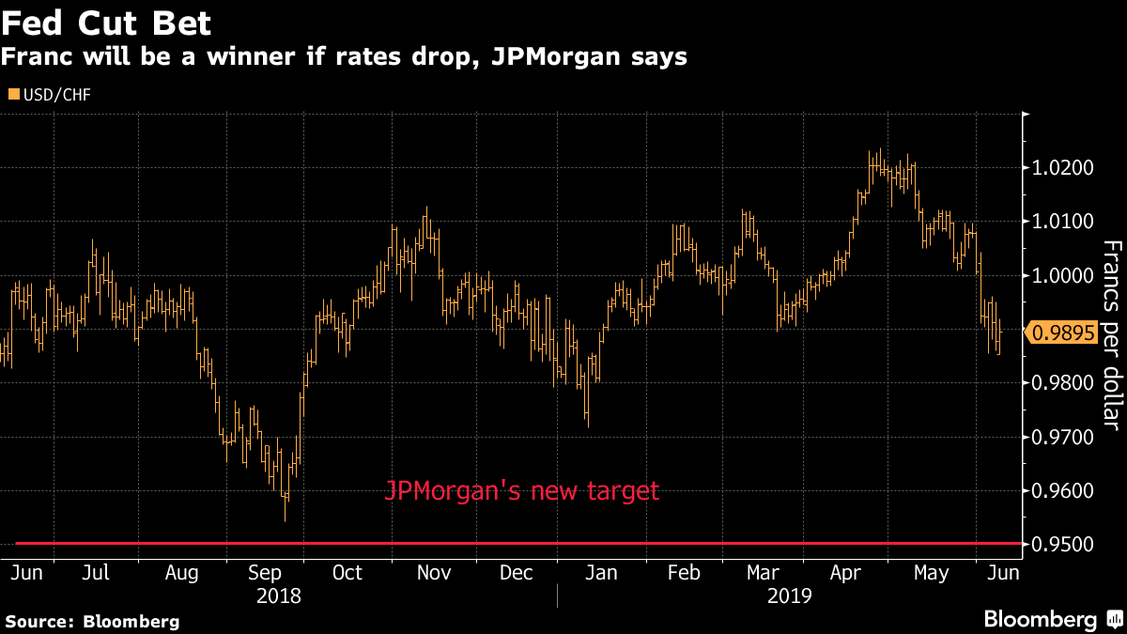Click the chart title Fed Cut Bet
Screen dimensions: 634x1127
click(x=106, y=23)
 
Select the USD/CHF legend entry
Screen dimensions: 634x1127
click(x=55, y=94)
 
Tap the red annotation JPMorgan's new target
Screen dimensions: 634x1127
click(x=522, y=491)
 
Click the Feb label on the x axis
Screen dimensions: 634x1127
click(x=682, y=573)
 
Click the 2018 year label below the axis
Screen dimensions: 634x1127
click(x=278, y=596)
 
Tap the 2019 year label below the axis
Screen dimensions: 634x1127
click(x=791, y=596)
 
